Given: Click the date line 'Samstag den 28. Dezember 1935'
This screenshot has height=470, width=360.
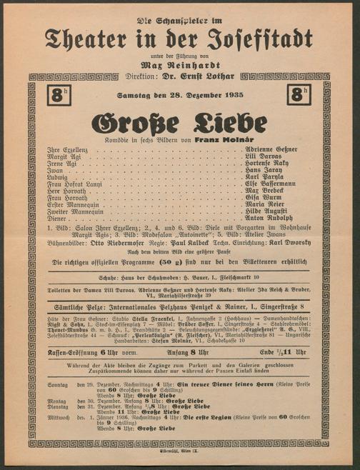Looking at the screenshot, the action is (180, 96).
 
